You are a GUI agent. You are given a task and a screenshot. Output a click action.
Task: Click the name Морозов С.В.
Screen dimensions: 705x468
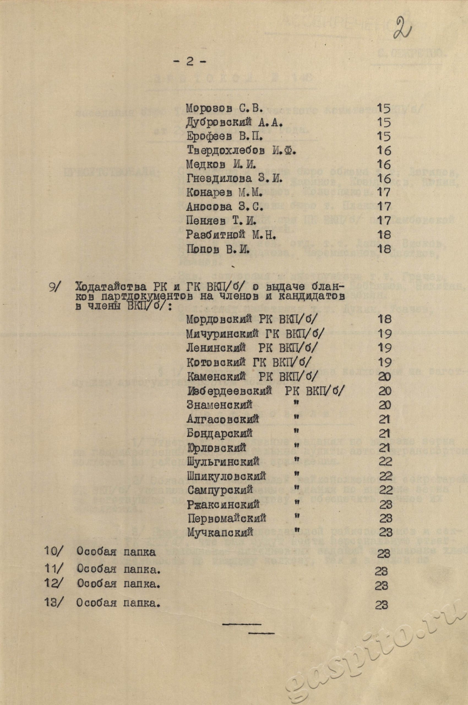[x=224, y=109]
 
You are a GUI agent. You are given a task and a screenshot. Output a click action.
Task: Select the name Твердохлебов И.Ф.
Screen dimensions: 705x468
[x=241, y=151]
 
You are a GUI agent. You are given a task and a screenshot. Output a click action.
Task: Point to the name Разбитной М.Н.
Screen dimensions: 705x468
[x=230, y=235]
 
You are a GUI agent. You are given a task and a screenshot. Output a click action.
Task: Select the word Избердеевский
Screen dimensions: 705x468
[x=230, y=391]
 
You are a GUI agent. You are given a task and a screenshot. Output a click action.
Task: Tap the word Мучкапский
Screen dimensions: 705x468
[x=221, y=532]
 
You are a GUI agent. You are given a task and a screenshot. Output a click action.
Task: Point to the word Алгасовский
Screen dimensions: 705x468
[x=223, y=419]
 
